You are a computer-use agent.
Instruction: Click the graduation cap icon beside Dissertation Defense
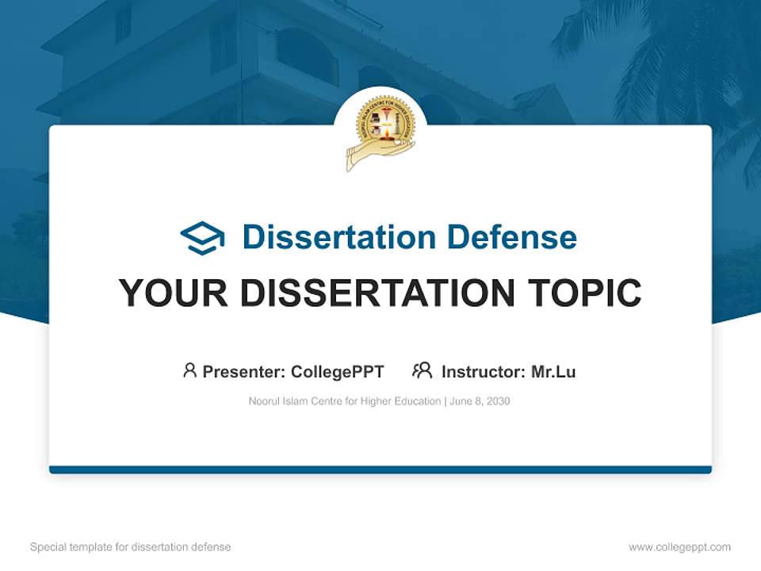(x=202, y=238)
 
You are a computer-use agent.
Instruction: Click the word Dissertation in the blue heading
(x=338, y=237)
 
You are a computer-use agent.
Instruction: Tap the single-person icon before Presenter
(x=189, y=370)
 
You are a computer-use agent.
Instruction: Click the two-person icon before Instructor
(x=422, y=370)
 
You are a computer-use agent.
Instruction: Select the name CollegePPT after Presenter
(x=338, y=372)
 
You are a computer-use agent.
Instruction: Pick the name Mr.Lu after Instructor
(x=553, y=372)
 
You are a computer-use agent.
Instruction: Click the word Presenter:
(x=244, y=372)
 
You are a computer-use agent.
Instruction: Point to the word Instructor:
(x=484, y=372)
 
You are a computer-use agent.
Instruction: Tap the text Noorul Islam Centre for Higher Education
(x=344, y=401)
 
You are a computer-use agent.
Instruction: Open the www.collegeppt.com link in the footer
(x=679, y=547)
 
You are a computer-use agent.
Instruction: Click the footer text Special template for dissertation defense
(x=131, y=547)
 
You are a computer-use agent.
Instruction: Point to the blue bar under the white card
(x=380, y=469)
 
